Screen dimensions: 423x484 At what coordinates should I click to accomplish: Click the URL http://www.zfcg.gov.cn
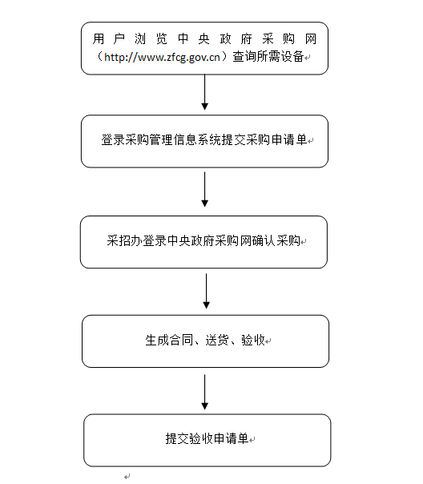tap(162, 57)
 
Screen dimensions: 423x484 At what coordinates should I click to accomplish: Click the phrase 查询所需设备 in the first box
tap(268, 56)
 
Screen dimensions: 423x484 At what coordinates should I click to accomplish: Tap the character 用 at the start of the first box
tap(99, 39)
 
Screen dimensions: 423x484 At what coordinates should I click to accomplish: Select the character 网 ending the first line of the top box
tap(311, 39)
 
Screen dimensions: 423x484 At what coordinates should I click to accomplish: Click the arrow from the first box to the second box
tap(204, 92)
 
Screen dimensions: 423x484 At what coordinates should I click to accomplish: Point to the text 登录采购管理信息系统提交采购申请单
tap(204, 139)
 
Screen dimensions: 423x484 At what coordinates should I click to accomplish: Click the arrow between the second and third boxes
tap(204, 189)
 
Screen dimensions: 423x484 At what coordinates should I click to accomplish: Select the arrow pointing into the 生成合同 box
tap(207, 291)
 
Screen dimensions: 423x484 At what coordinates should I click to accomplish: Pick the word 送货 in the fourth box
tap(217, 340)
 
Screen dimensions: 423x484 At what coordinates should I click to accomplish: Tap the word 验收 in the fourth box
tap(253, 340)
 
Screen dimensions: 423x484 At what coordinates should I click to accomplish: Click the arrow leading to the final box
tap(204, 392)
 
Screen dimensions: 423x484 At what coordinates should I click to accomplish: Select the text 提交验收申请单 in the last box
tap(207, 438)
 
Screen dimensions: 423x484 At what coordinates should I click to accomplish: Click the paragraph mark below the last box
tap(127, 477)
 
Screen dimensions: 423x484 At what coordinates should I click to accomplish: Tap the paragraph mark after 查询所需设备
tap(308, 58)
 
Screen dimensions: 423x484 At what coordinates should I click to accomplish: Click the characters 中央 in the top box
tap(194, 39)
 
